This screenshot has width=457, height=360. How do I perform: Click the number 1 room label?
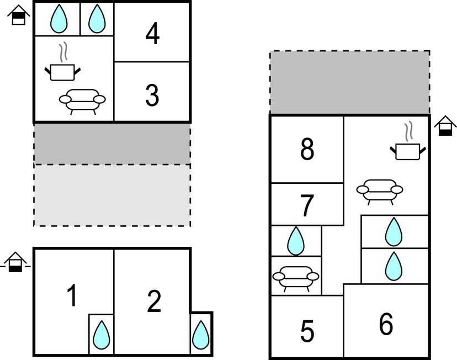pyautogui.click(x=72, y=297)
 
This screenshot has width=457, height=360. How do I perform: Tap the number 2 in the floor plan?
pyautogui.click(x=153, y=301)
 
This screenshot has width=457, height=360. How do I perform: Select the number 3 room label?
pyautogui.click(x=152, y=96)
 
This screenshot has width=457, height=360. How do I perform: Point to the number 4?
pyautogui.click(x=152, y=35)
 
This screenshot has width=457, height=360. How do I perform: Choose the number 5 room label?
pyautogui.click(x=307, y=331)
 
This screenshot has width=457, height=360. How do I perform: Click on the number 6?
pyautogui.click(x=386, y=324)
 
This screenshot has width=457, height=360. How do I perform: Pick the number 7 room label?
pyautogui.click(x=307, y=206)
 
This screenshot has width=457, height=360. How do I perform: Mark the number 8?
pyautogui.click(x=307, y=149)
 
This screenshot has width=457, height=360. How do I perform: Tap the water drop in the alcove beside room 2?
pyautogui.click(x=200, y=333)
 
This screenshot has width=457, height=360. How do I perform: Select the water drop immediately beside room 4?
pyautogui.click(x=97, y=19)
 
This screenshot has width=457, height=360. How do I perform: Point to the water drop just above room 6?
pyautogui.click(x=393, y=266)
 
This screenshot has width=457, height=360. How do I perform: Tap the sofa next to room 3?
pyautogui.click(x=82, y=100)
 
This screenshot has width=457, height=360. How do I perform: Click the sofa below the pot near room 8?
pyautogui.click(x=379, y=190)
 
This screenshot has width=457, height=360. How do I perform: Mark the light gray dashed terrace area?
pyautogui.click(x=112, y=195)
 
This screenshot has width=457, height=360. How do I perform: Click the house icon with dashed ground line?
pyautogui.click(x=16, y=262)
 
